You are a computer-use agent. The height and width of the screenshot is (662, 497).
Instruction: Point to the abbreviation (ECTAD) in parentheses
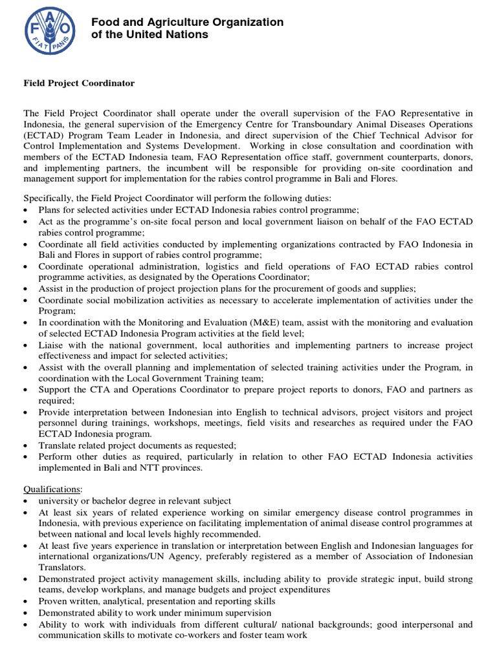(x=43, y=135)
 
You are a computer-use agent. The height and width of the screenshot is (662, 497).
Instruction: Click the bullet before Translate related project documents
(x=25, y=445)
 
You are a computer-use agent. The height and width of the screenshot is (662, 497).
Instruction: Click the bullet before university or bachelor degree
(x=25, y=502)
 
